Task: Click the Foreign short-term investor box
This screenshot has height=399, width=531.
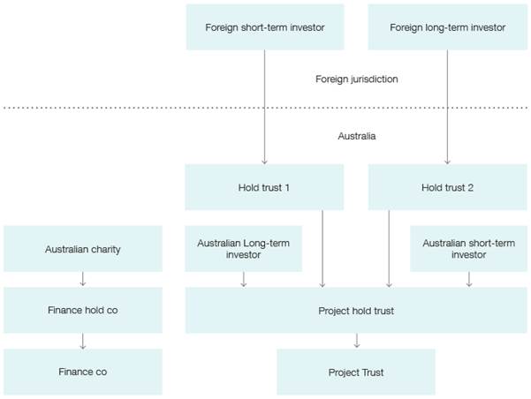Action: [264, 27]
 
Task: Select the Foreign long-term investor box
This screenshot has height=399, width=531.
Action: [447, 27]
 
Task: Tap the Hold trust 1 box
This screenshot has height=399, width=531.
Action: [264, 187]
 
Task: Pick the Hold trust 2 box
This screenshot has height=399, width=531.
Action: [447, 187]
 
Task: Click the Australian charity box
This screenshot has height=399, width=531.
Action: [82, 249]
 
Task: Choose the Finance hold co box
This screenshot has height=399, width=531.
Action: [82, 311]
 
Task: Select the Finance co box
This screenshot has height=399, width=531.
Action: [82, 372]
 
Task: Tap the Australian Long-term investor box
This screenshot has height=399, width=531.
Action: [243, 249]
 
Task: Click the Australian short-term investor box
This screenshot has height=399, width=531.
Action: [468, 249]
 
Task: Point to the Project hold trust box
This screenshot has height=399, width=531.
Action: [356, 311]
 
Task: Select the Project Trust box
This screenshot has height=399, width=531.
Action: [356, 372]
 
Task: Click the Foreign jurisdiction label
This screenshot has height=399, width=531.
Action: [356, 79]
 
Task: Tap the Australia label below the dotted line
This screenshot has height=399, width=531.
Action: [356, 137]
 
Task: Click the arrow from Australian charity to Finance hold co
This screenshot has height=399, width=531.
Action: [82, 280]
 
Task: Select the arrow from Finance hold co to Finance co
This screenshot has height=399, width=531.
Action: [82, 341]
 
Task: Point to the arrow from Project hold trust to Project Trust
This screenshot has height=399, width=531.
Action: [356, 341]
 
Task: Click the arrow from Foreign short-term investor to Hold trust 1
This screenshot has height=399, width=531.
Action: [264, 106]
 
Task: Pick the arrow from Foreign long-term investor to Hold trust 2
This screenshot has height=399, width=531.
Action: [447, 106]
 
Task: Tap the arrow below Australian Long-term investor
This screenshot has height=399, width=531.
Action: [243, 279]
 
